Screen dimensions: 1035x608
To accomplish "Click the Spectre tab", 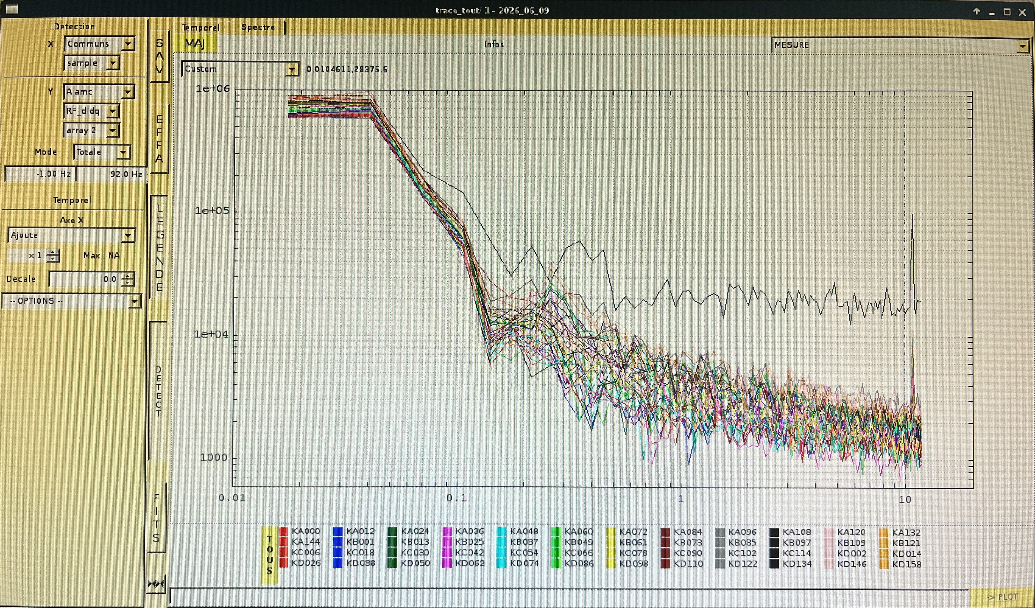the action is pyautogui.click(x=258, y=27).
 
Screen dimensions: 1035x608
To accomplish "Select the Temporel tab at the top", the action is pyautogui.click(x=201, y=27).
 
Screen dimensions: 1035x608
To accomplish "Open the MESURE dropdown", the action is pyautogui.click(x=899, y=45).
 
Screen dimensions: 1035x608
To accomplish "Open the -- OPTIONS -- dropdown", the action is pyautogui.click(x=72, y=301).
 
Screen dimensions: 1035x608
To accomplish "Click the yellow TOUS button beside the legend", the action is pyautogui.click(x=269, y=555).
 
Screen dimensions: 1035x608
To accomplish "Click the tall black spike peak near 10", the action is pyautogui.click(x=913, y=214).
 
